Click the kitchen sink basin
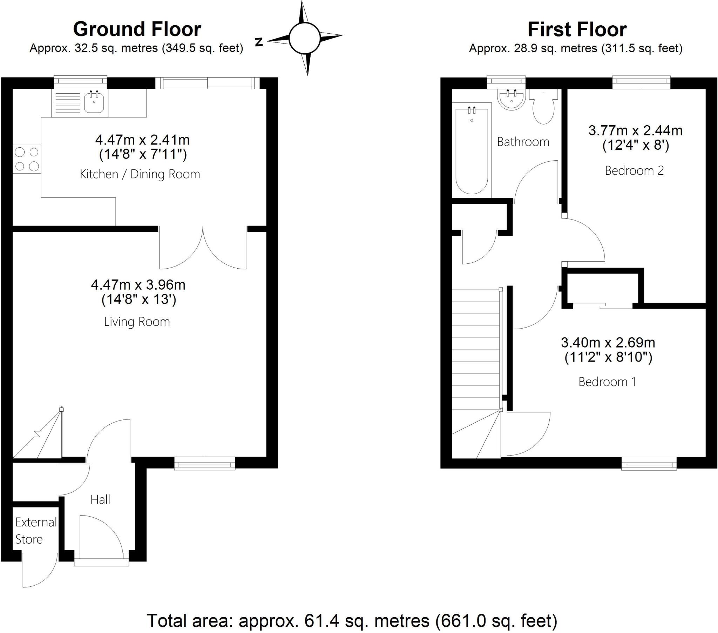(x=94, y=102)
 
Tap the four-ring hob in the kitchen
(x=27, y=159)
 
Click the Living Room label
(x=137, y=322)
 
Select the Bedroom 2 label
(x=634, y=170)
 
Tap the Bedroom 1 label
(x=607, y=382)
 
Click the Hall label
(x=100, y=499)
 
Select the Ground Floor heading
(x=137, y=29)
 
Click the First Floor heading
(x=577, y=29)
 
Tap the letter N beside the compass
(x=259, y=42)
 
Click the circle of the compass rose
(x=304, y=38)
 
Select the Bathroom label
(x=523, y=142)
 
